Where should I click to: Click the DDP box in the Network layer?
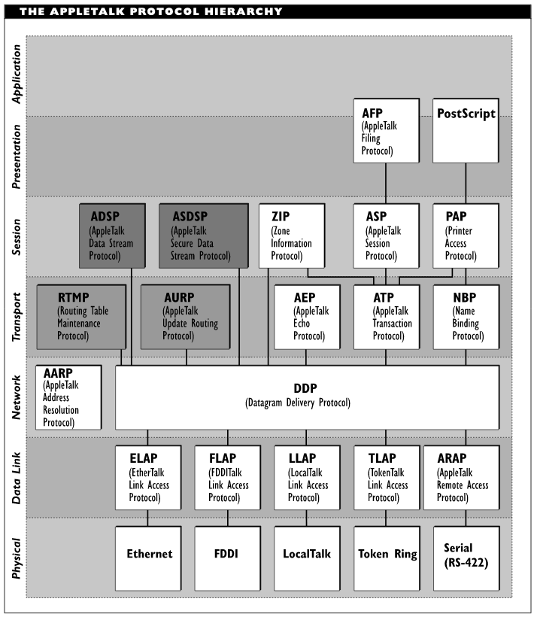point(307,397)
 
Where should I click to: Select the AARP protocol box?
point(68,397)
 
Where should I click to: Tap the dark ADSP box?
point(113,236)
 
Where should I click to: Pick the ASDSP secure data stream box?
point(204,236)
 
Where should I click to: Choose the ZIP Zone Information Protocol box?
point(292,236)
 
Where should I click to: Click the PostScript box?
point(466,131)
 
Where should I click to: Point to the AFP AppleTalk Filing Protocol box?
point(386,131)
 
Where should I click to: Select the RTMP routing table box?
point(81,318)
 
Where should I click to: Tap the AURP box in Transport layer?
point(186,318)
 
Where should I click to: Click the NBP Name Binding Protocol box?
point(466,318)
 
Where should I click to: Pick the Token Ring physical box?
point(387,559)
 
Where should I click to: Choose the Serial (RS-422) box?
point(466,559)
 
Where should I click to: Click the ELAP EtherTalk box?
point(148,478)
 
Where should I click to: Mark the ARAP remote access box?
point(462,478)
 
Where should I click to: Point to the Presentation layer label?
point(16,157)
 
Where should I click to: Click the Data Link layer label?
point(16,478)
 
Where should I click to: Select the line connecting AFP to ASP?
point(386,184)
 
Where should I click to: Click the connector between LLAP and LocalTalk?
point(306,518)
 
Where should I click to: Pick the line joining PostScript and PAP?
point(466,184)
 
